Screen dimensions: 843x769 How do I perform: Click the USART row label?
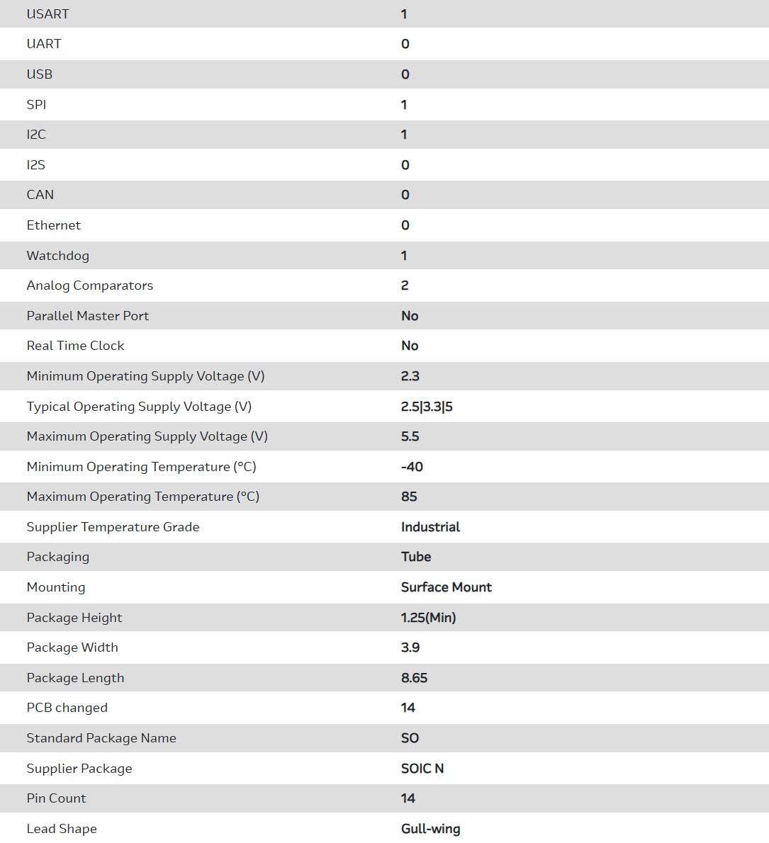click(x=47, y=14)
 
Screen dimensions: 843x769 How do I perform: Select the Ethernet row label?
click(x=53, y=225)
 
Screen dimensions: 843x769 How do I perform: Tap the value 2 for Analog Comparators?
click(x=405, y=285)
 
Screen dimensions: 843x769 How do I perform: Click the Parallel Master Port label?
click(x=87, y=316)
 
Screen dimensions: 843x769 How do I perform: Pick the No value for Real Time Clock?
click(x=410, y=346)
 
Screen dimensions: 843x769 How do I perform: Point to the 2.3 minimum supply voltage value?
click(x=410, y=376)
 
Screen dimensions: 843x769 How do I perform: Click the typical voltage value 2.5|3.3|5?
click(x=427, y=407)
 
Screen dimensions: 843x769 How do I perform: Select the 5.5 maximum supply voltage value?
click(x=410, y=436)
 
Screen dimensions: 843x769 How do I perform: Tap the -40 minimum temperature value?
click(x=412, y=467)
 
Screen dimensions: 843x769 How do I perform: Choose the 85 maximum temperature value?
click(x=409, y=497)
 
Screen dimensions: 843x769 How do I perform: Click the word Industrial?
click(x=430, y=527)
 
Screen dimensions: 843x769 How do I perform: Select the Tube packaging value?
click(x=416, y=557)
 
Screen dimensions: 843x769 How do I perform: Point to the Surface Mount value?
click(x=446, y=587)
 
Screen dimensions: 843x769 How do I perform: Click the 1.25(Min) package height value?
click(x=428, y=618)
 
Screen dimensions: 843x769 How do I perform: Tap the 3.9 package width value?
click(x=410, y=647)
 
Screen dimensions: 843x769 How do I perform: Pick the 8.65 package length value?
click(x=414, y=678)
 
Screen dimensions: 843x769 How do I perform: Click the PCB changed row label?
click(x=67, y=708)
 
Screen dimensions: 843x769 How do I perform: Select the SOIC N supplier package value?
click(x=422, y=769)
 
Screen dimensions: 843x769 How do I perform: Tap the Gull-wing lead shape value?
click(x=430, y=829)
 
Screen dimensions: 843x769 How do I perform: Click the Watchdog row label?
click(x=57, y=256)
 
